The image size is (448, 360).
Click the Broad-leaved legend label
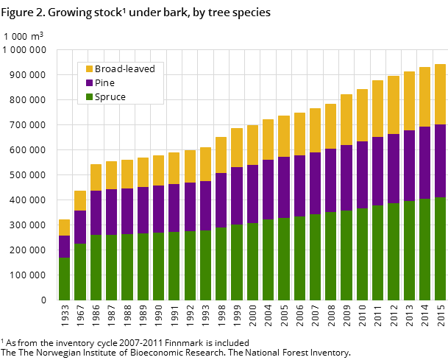pos(124,69)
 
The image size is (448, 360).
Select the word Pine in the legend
pos(105,83)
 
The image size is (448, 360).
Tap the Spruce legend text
pos(110,97)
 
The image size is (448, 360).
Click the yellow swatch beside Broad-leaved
pos(89,69)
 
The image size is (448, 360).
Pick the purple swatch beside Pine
pos(89,83)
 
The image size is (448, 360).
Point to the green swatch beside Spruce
pos(89,97)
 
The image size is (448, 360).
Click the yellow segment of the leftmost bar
pos(65,227)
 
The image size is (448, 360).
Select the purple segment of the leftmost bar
pos(65,247)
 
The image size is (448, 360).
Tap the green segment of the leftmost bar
pos(65,278)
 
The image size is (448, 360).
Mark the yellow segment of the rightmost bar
pos(440,94)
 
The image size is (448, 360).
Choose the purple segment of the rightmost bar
pos(440,160)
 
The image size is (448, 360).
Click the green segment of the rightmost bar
pos(440,248)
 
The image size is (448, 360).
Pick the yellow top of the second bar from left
pos(80,200)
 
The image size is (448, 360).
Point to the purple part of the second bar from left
pos(80,227)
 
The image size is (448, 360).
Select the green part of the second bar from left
pos(80,272)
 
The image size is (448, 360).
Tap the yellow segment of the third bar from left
pos(96,177)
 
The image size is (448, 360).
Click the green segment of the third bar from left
pos(96,267)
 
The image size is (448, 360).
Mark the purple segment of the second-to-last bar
pos(424,163)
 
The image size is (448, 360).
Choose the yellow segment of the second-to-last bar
pos(424,96)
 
